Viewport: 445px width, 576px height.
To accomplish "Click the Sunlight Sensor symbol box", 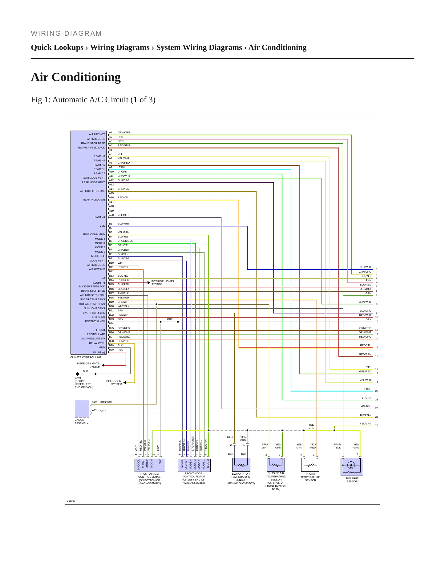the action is click(x=352, y=467).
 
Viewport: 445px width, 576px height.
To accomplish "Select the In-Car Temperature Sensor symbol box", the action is click(x=310, y=464).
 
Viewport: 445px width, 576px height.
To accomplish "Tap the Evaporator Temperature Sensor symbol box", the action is click(x=241, y=464).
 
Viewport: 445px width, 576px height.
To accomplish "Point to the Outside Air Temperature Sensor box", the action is click(x=276, y=464).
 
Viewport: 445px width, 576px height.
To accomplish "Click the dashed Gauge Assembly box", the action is click(x=82, y=409).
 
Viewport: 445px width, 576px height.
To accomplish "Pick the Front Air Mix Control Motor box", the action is click(x=150, y=465).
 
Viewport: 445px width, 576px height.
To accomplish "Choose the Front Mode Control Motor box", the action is click(x=194, y=465).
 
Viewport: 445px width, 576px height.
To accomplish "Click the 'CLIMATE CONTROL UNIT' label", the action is click(x=86, y=357).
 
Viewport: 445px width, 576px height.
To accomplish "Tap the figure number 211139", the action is click(x=71, y=501).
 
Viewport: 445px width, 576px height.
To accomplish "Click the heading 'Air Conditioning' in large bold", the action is click(x=76, y=77).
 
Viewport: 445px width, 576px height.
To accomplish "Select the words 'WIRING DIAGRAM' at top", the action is click(x=66, y=34).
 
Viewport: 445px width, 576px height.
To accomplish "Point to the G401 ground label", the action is click(x=78, y=378).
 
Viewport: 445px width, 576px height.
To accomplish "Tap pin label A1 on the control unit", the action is click(x=111, y=132).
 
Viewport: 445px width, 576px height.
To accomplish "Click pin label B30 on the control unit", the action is click(x=111, y=350).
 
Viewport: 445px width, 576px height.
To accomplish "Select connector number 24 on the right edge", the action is click(x=376, y=425).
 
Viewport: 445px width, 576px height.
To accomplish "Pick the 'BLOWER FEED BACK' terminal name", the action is click(x=91, y=148).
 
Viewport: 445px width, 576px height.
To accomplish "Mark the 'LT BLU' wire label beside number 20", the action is click(x=367, y=389).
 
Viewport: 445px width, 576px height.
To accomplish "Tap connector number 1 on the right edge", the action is click(x=376, y=269).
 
